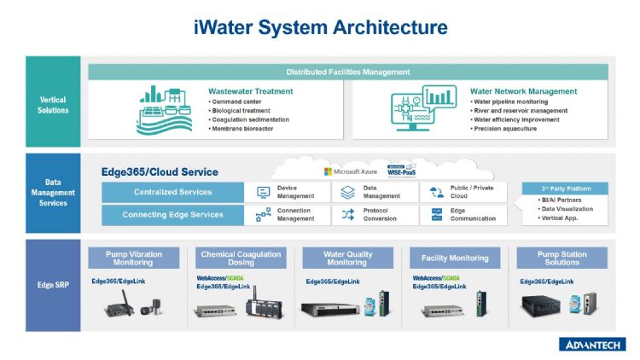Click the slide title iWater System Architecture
[320, 27]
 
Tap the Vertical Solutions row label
[53, 104]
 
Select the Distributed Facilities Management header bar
[347, 72]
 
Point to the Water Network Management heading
[522, 90]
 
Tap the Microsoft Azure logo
[351, 171]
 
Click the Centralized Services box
[172, 192]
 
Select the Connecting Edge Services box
[172, 214]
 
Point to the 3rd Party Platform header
[565, 189]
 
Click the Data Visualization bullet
[567, 208]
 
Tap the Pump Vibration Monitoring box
[134, 258]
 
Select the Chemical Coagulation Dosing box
[241, 258]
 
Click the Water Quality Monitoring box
[347, 258]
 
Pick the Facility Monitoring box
[455, 258]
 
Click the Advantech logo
[592, 344]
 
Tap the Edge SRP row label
[53, 284]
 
